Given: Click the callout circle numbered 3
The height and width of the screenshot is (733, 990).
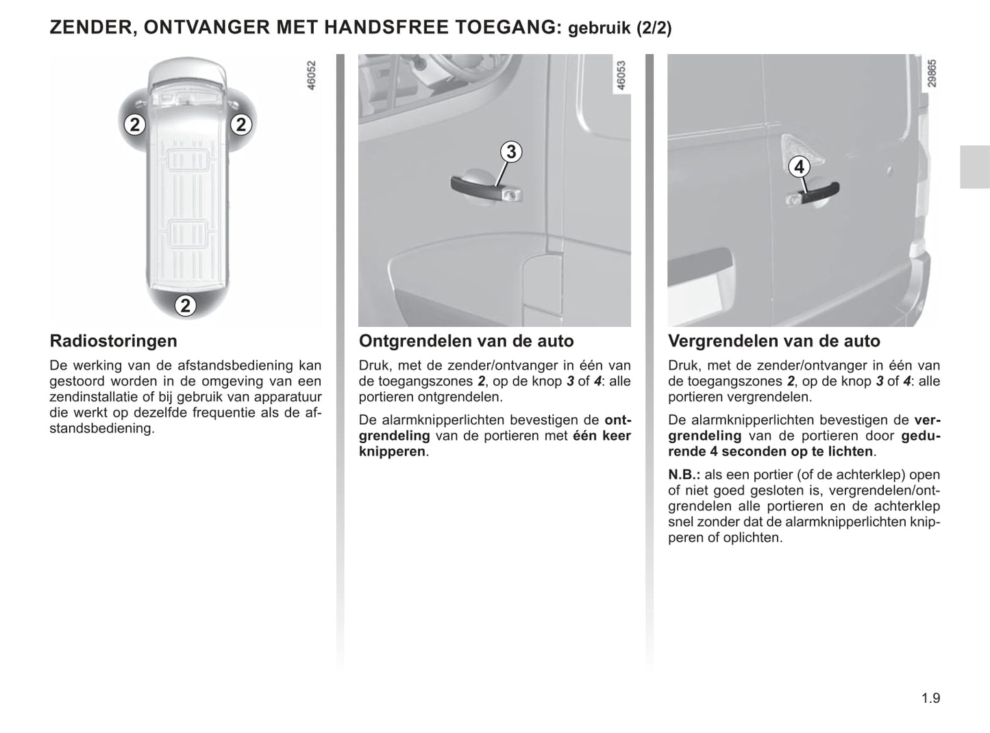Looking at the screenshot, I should click(x=510, y=151).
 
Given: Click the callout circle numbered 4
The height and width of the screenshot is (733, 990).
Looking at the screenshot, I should click(x=798, y=166).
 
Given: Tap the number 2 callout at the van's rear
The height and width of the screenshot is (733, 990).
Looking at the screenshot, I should click(x=185, y=306).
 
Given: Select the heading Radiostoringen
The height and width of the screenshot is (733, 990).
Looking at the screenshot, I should click(x=114, y=341).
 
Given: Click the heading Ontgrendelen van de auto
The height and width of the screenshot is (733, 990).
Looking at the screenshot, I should click(x=466, y=341).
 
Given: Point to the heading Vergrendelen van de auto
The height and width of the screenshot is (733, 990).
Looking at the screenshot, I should click(x=774, y=341).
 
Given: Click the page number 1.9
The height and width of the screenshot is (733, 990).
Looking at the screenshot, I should click(x=930, y=698).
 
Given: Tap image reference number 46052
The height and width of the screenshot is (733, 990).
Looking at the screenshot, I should click(x=311, y=75).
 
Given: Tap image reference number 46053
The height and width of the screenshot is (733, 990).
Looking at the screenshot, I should click(x=621, y=75).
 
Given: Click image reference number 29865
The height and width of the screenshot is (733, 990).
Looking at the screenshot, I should click(x=932, y=73).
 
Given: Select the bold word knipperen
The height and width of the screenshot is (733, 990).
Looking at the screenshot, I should click(x=392, y=452).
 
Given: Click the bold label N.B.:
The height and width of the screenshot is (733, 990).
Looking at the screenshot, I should click(x=684, y=475).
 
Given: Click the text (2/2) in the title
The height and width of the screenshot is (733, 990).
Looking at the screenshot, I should click(x=654, y=28).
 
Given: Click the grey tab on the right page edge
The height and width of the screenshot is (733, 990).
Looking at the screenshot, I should click(x=974, y=166).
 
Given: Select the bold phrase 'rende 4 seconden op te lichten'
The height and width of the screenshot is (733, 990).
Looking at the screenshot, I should click(x=771, y=452).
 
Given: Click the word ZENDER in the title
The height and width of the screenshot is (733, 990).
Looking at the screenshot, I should click(x=91, y=28).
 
